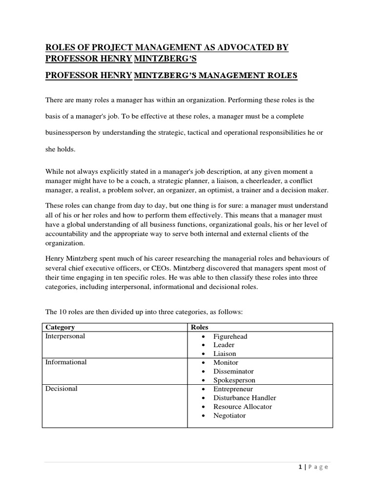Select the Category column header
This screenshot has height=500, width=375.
60,327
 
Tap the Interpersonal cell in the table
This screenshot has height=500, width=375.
64,336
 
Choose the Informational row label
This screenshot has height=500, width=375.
66,362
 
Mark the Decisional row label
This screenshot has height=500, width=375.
61,389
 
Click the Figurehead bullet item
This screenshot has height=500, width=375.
230,336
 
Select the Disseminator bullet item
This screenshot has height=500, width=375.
233,372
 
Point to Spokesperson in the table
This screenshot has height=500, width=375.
234,380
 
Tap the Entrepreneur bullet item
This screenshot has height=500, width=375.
233,389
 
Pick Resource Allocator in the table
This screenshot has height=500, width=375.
243,407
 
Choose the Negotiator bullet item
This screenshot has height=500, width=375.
229,416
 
